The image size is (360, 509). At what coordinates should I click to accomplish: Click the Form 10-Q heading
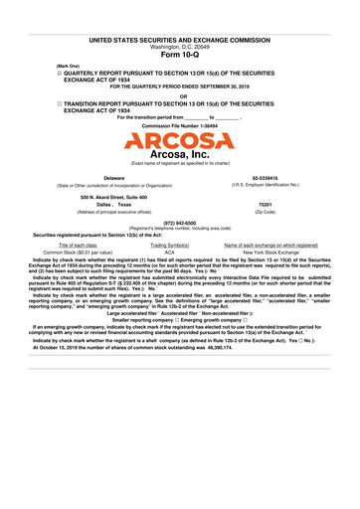179,54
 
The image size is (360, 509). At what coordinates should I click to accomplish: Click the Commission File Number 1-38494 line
179,126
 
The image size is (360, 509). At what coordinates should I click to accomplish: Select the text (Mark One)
69,67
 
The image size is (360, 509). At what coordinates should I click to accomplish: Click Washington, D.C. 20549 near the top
179,46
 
